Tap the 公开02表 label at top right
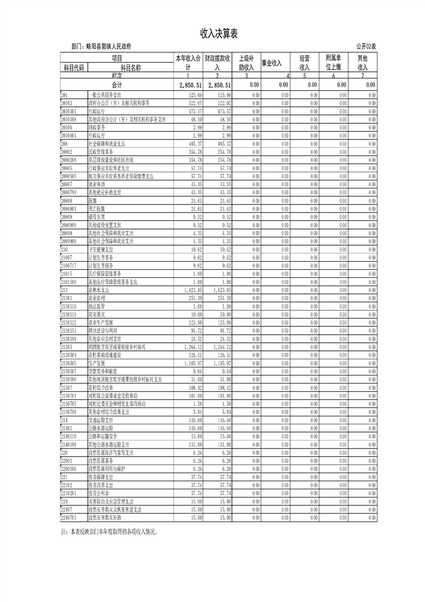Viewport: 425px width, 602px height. (366, 47)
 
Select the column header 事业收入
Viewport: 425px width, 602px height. (271, 63)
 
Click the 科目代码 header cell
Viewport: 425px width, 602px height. (74, 68)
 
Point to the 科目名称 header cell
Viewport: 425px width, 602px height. (130, 68)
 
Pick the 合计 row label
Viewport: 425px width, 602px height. (117, 85)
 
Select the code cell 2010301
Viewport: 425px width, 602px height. (70, 111)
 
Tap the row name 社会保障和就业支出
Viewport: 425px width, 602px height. (107, 144)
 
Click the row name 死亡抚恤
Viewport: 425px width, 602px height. (97, 208)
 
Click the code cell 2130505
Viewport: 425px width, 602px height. (70, 363)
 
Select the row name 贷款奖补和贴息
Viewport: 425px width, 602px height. (102, 371)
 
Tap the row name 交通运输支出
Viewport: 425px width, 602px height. (101, 421)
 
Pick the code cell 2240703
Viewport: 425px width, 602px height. (70, 518)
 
